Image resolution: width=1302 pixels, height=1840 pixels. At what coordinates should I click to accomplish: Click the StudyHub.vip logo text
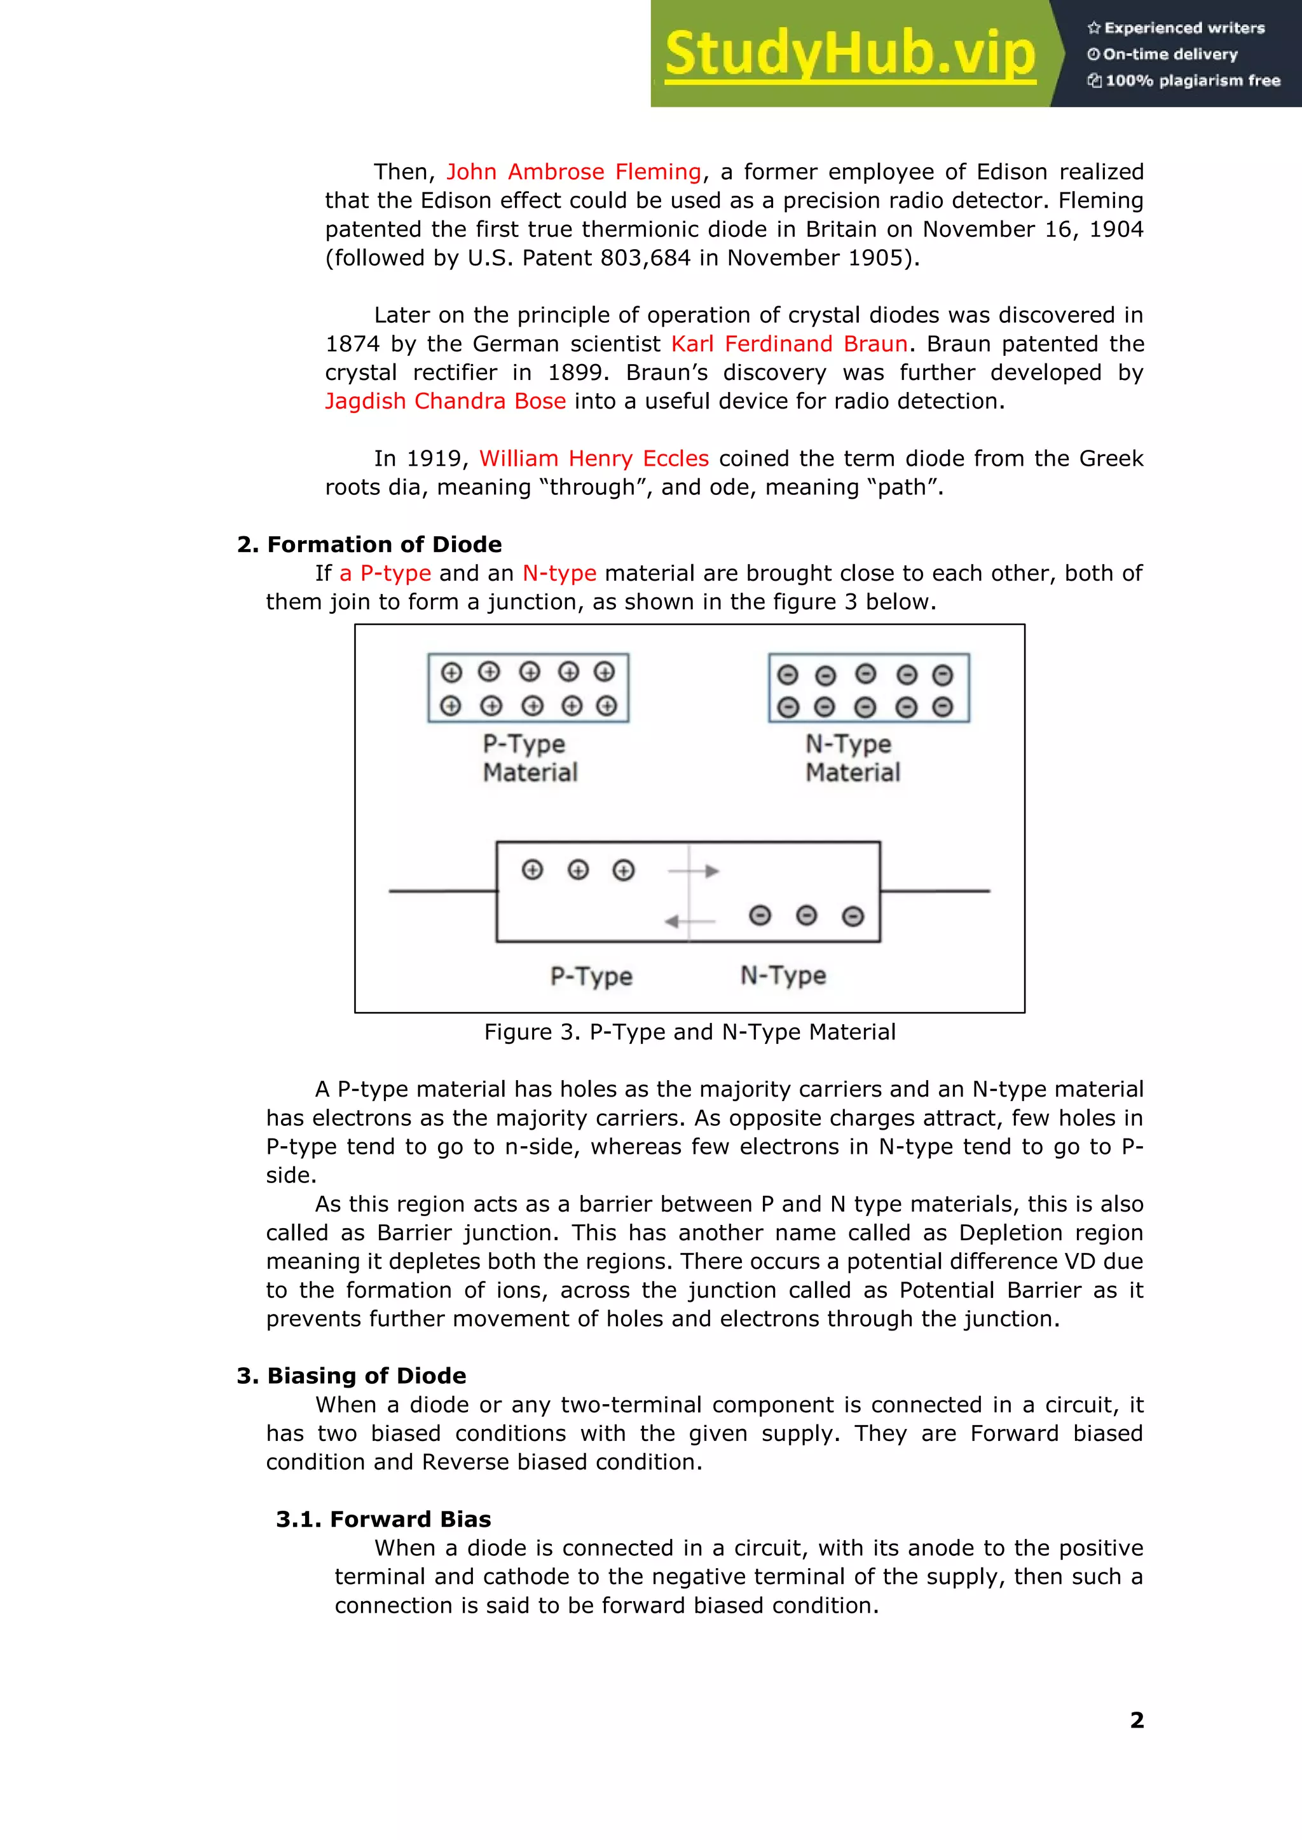(x=850, y=55)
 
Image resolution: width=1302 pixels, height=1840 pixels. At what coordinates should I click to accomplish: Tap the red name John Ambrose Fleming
(x=573, y=172)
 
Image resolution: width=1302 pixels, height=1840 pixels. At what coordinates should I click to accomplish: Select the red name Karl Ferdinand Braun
(x=789, y=344)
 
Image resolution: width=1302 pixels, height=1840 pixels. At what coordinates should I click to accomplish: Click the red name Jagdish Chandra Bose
(x=445, y=401)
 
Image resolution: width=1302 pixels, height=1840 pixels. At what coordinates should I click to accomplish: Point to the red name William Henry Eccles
(x=593, y=458)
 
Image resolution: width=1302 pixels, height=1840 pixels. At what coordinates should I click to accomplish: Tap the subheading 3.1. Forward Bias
(x=383, y=1519)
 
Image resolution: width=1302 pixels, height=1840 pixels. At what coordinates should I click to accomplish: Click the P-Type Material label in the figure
(x=529, y=757)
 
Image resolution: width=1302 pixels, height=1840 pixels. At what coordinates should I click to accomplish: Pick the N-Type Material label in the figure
(x=853, y=757)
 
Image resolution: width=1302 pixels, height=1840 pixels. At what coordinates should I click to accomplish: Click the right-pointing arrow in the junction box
(x=694, y=870)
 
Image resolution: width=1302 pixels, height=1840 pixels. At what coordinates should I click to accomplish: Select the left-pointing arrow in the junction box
(x=690, y=922)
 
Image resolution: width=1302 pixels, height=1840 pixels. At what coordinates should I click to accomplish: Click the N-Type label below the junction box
(x=783, y=975)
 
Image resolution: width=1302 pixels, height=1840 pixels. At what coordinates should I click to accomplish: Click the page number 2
(x=1136, y=1720)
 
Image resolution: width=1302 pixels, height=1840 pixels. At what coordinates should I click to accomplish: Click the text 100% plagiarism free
(x=1192, y=80)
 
